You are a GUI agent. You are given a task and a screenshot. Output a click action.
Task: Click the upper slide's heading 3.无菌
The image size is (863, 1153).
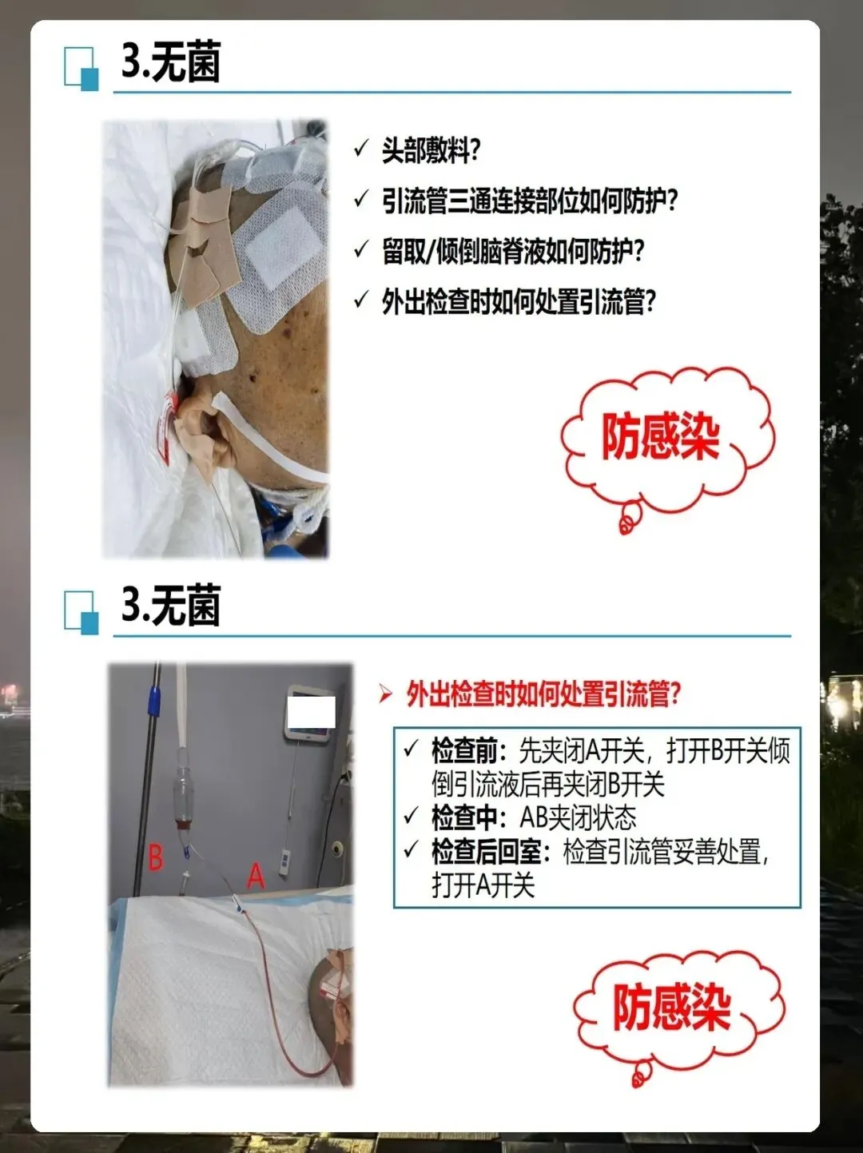(x=170, y=62)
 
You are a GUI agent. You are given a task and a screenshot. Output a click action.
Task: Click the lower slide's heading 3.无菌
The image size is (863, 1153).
(x=170, y=605)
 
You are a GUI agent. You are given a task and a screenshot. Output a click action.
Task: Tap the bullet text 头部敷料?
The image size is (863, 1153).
(x=430, y=151)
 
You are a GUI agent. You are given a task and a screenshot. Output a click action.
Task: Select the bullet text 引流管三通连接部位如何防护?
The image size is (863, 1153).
(x=529, y=201)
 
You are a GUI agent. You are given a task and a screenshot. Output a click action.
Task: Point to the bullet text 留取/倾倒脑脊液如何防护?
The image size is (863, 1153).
(x=512, y=251)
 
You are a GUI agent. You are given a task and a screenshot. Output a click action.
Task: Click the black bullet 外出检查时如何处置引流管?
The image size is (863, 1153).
(x=518, y=301)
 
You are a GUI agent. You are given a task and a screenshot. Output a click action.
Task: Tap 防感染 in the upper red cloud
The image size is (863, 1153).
(x=660, y=437)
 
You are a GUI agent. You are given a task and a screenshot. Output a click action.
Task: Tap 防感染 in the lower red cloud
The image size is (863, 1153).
(x=672, y=1007)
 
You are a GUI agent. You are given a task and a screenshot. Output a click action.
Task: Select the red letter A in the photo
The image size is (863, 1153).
(x=256, y=876)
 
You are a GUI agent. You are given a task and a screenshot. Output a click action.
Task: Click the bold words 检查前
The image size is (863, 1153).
(x=464, y=751)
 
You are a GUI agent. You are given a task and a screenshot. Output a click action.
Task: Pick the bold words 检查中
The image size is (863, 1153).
(x=464, y=817)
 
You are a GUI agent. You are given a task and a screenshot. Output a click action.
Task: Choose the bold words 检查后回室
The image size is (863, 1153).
(x=487, y=852)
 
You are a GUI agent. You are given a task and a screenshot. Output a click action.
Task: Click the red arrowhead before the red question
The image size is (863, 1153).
(x=385, y=694)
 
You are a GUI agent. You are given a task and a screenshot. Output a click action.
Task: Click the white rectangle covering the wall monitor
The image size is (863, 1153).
(x=311, y=712)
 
